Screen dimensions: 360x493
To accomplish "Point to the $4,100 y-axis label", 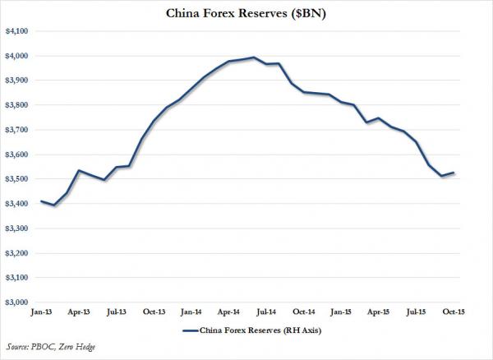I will tap(16, 31).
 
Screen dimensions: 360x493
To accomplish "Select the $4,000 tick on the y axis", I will tap(16, 56).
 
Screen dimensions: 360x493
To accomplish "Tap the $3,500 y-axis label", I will tap(16, 179).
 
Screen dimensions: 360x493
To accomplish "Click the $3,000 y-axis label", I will tap(16, 302).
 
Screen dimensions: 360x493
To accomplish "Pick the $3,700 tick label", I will tap(16, 130).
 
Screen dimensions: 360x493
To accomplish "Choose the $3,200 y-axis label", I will tap(16, 253).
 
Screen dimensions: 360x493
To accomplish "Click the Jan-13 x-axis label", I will tap(41, 313).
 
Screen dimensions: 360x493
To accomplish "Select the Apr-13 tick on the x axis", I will tap(79, 313).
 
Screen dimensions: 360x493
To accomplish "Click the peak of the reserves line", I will tap(252, 58).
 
